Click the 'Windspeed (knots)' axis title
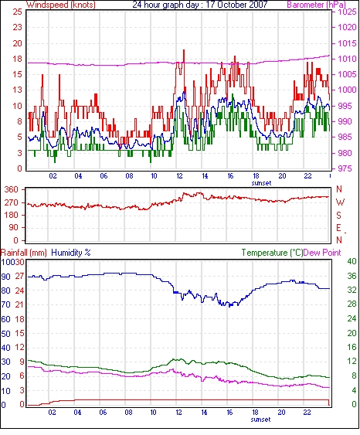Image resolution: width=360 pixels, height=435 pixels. coord(61,5)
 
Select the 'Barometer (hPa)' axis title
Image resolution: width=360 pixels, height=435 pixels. coord(317,5)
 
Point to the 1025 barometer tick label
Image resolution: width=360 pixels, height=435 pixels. coord(347,12)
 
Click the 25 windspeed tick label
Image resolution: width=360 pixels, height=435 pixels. coord(17,12)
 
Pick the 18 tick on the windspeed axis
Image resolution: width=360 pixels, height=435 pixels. coord(17,59)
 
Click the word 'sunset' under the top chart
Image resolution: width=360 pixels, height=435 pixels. coord(261,183)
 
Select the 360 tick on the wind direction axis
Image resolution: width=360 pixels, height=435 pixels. coord(11,190)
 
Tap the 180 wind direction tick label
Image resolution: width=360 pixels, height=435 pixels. coord(11,215)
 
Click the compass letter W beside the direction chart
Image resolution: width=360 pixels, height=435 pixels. coord(340,202)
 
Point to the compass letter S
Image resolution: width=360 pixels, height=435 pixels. coord(338,215)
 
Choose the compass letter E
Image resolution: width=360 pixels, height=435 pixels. coord(338,228)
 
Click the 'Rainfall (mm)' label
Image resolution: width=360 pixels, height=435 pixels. coord(24,253)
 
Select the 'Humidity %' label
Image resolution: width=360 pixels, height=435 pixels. coord(71,253)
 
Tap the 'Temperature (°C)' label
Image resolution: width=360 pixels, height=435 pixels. coord(272,253)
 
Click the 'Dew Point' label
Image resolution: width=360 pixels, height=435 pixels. coord(322,253)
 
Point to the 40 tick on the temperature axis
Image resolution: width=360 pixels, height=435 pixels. coord(352,261)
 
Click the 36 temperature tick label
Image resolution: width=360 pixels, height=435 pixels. coord(352,276)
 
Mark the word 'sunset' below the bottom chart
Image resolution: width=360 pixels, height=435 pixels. coord(260,420)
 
